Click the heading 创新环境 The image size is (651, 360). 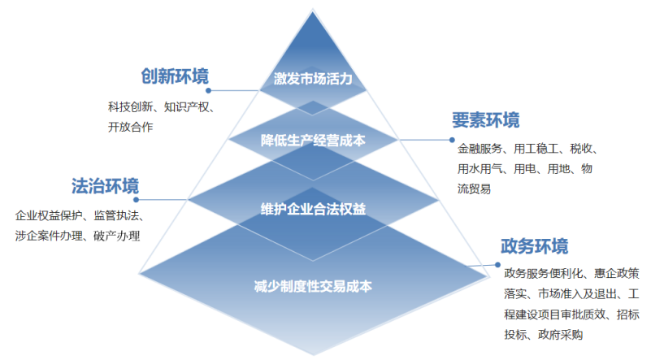coord(175,77)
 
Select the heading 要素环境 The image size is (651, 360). coord(485,120)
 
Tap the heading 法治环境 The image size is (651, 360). coord(105,185)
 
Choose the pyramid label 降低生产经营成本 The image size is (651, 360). coord(313,140)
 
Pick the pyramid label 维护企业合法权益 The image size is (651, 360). coord(313,208)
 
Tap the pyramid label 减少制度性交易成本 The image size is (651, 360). coord(313,286)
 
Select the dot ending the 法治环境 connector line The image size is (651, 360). coord(138,199)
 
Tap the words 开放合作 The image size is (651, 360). coord(130,127)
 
